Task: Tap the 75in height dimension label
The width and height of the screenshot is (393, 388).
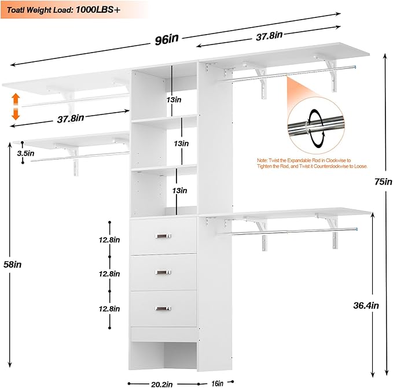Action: coord(383,182)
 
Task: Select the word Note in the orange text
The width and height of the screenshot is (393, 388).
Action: coord(263,159)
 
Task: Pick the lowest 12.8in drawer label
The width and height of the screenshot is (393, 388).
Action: coord(109,309)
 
